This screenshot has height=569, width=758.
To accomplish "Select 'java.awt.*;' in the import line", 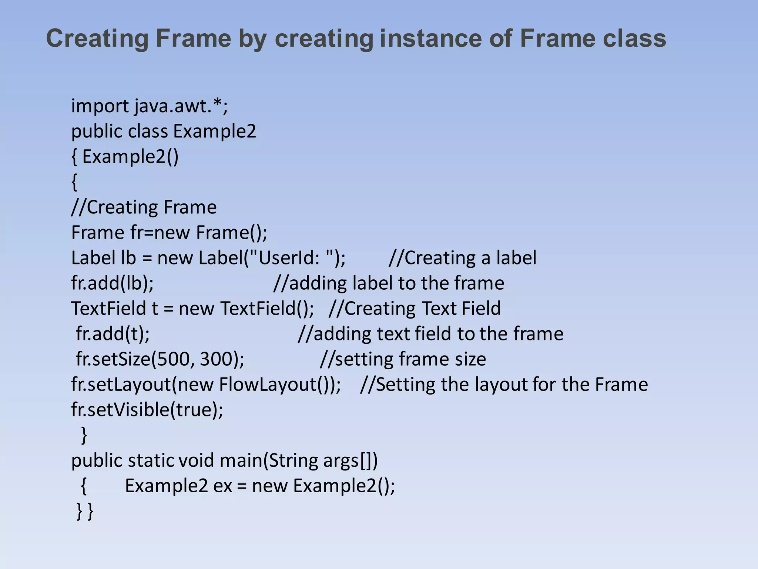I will (x=181, y=106).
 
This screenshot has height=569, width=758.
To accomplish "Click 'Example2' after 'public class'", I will (x=215, y=132).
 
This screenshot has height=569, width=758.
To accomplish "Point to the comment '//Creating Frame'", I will (x=144, y=207).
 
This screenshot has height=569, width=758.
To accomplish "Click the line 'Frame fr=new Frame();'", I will (x=169, y=233).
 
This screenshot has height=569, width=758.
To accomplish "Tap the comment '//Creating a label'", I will (x=463, y=258).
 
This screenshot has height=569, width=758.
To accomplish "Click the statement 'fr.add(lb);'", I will (x=113, y=283).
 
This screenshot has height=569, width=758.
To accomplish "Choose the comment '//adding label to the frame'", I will (x=389, y=283).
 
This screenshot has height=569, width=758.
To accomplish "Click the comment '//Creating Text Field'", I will (x=415, y=309).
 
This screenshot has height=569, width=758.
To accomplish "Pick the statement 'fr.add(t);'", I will (x=113, y=334).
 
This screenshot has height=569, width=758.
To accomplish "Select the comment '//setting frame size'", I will (x=403, y=359).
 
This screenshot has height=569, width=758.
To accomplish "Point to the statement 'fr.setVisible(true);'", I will (x=147, y=410).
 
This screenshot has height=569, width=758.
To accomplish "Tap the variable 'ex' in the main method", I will (x=223, y=486).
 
